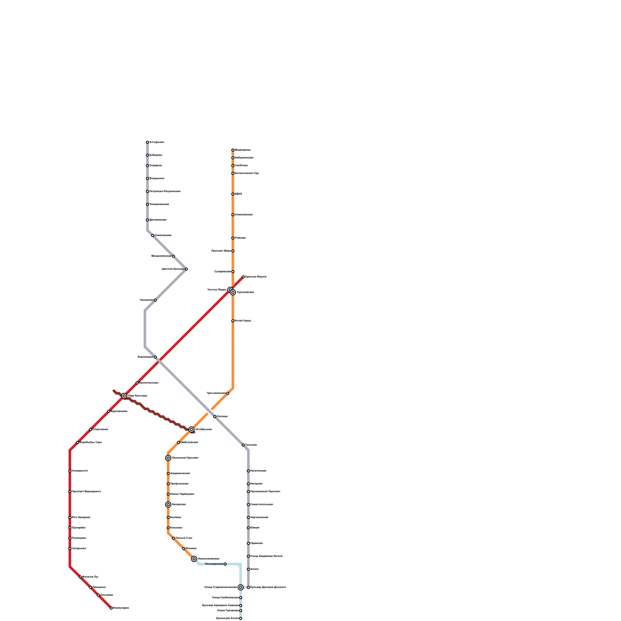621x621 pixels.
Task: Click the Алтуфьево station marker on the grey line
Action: coord(147,142)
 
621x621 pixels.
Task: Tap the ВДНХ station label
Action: coord(238,194)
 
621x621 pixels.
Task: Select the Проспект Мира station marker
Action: coord(233,251)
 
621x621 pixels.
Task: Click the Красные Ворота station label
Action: coord(256,277)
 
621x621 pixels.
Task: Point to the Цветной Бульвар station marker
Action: coord(186,269)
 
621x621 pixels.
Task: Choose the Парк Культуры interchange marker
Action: coord(124,396)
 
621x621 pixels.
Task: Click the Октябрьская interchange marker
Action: coord(191,429)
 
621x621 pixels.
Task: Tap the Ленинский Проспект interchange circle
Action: coord(168,458)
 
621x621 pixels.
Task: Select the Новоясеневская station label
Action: coord(208,559)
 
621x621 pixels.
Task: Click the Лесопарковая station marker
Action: coord(225,564)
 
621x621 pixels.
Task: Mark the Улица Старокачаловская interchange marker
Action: coord(241,587)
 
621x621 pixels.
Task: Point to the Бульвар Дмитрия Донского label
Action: coord(268,587)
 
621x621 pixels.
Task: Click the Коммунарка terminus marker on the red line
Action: coord(111,608)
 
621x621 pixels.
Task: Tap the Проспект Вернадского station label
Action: coord(86,492)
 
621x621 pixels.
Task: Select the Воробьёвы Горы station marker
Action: coord(78,442)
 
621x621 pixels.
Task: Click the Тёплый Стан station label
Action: coord(184,538)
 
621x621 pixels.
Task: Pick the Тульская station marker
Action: coord(243,445)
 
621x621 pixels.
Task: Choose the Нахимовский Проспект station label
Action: coord(265,492)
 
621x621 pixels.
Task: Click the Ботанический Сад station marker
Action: coord(233,173)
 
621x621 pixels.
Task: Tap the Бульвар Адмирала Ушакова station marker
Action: coord(241,605)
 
